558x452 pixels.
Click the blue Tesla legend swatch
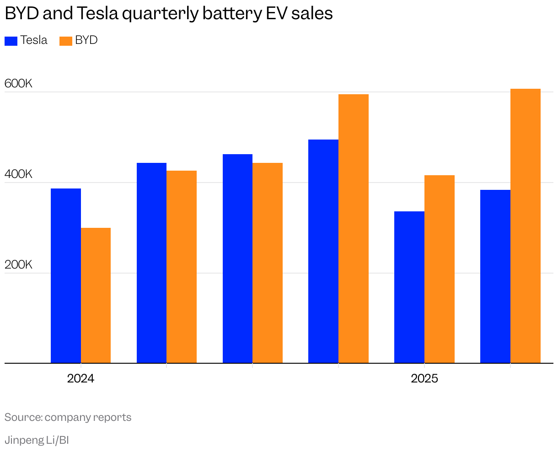click(x=11, y=41)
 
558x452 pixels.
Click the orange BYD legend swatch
click(x=66, y=41)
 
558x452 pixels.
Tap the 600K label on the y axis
click(x=18, y=84)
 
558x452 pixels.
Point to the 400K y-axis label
click(x=18, y=174)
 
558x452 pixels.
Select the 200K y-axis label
click(x=18, y=265)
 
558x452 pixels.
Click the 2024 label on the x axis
click(x=80, y=379)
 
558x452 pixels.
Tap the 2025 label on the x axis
click(x=424, y=379)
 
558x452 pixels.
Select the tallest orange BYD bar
click(x=525, y=226)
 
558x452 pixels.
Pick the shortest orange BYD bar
click(x=96, y=296)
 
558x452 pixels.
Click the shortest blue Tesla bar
click(x=409, y=287)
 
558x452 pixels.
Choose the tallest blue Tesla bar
click(x=323, y=252)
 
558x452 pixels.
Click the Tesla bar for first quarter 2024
click(x=66, y=276)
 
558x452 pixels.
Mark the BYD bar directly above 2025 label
click(x=440, y=269)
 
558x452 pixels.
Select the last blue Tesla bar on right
click(x=495, y=277)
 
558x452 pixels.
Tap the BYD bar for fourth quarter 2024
click(x=354, y=229)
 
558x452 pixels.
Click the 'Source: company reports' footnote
click(x=68, y=417)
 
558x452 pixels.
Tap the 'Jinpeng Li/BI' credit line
click(x=37, y=440)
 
